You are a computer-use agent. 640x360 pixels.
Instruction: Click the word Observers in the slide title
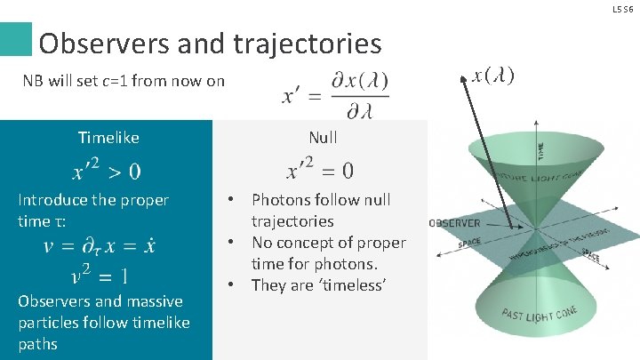[x=97, y=43]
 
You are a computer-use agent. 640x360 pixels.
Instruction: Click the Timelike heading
[x=108, y=138]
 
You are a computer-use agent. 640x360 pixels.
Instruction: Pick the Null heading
[x=323, y=138]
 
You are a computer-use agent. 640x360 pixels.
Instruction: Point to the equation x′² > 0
[x=106, y=170]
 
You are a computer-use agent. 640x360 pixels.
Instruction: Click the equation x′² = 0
[x=320, y=170]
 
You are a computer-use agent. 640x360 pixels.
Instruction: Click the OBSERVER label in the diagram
[x=454, y=223]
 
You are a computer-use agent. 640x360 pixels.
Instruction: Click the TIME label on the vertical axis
[x=541, y=151]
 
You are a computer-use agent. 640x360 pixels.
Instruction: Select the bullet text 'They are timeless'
[x=310, y=285]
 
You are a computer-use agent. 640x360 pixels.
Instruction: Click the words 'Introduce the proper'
[x=92, y=200]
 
